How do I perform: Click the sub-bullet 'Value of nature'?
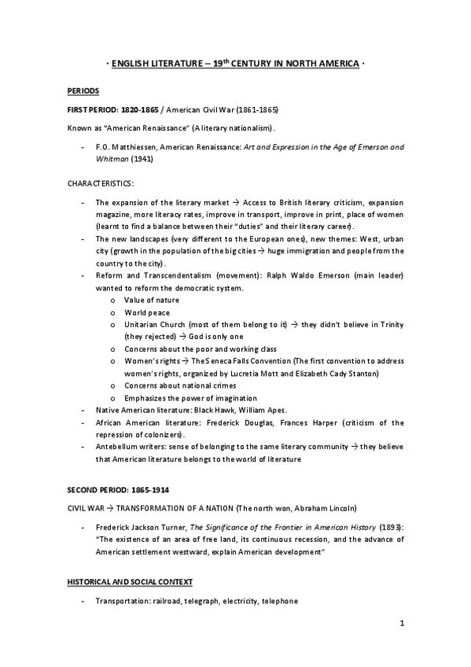pyautogui.click(x=151, y=300)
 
